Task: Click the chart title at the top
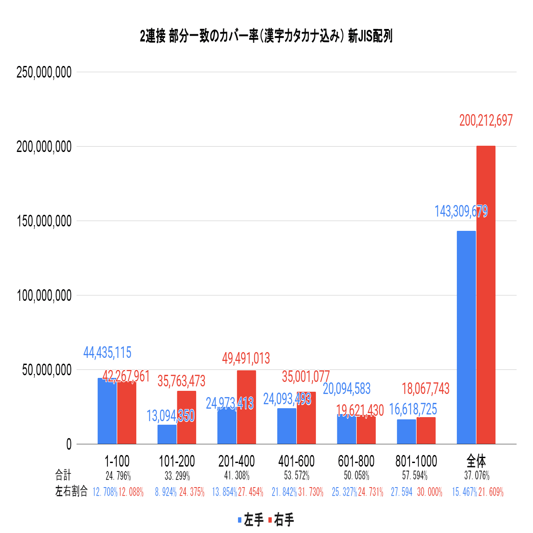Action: pyautogui.click(x=266, y=37)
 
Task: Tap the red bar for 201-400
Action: pyautogui.click(x=246, y=407)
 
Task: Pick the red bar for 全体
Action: pyautogui.click(x=486, y=295)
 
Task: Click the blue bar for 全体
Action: pyautogui.click(x=466, y=337)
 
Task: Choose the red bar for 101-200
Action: pyautogui.click(x=186, y=417)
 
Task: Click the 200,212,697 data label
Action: pyautogui.click(x=486, y=120)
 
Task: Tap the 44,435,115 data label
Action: pyautogui.click(x=107, y=353)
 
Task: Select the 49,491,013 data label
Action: pyautogui.click(x=246, y=358)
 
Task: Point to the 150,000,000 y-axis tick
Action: pyautogui.click(x=44, y=221)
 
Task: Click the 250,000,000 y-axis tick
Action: pyautogui.click(x=44, y=72)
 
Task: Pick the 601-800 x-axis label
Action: pyautogui.click(x=356, y=461)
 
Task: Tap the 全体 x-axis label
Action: pyautogui.click(x=476, y=461)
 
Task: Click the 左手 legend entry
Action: pyautogui.click(x=251, y=520)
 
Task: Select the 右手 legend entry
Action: pyautogui.click(x=281, y=520)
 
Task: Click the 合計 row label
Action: pyautogui.click(x=63, y=475)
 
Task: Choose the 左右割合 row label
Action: pyautogui.click(x=71, y=492)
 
